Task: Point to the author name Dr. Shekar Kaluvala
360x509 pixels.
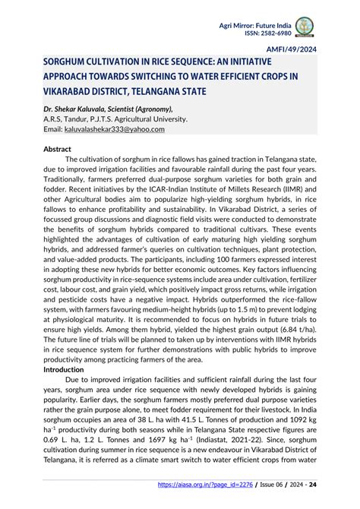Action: click(67, 109)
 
